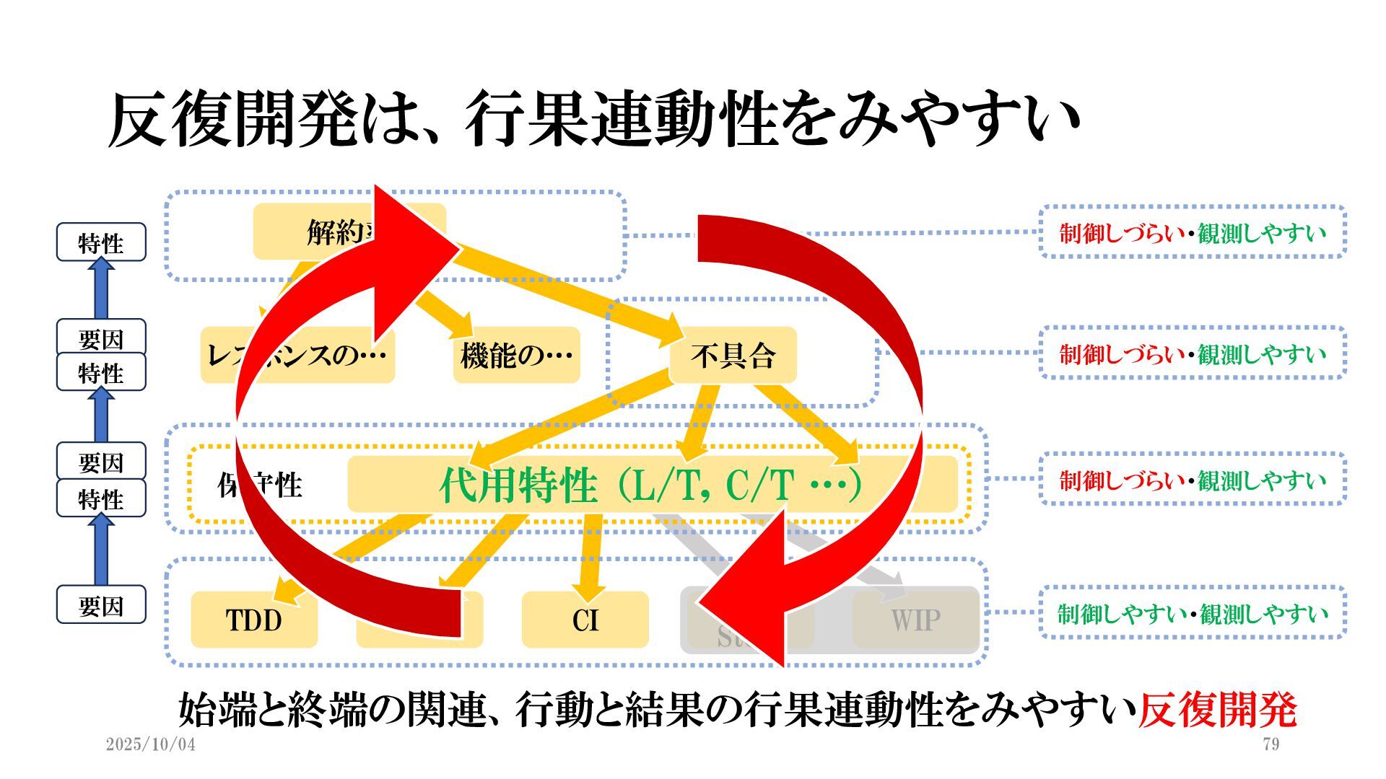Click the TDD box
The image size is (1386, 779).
point(253,620)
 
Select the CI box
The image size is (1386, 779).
point(585,620)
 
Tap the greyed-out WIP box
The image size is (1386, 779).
point(915,620)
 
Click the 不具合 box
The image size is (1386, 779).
point(733,355)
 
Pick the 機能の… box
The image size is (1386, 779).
point(516,355)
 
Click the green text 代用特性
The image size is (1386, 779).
point(518,484)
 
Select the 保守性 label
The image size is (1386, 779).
point(260,485)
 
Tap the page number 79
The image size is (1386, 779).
point(1271,744)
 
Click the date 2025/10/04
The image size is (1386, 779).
point(150,744)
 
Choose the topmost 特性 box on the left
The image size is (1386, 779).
point(101,242)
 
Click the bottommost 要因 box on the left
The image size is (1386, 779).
point(101,605)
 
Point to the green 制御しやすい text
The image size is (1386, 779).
point(1122,614)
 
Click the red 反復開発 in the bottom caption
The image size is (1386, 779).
point(1217,710)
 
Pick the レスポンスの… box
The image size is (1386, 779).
point(297,355)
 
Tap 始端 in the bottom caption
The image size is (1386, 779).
point(217,710)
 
